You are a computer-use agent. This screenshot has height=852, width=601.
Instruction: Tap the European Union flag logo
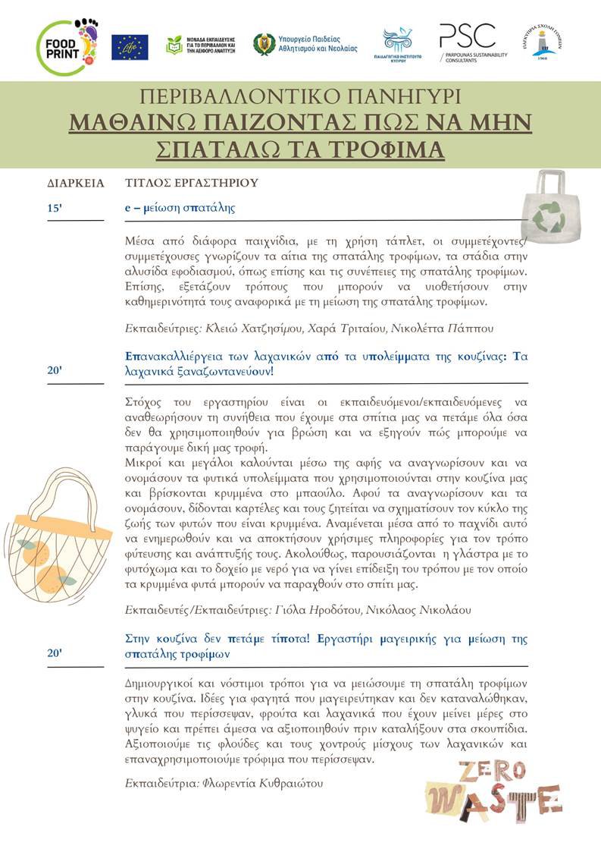point(130,47)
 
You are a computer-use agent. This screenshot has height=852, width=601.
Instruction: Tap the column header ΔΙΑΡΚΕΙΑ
point(75,183)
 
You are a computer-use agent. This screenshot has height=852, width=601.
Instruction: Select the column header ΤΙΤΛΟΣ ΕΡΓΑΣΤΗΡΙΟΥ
point(191,183)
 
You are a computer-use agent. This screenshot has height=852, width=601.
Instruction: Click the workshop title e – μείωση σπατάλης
point(180,207)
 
